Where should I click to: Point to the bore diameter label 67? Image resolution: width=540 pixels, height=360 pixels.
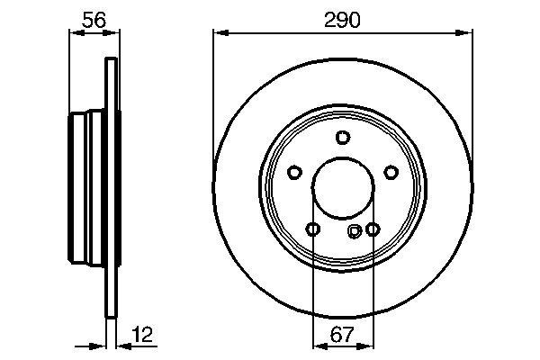[342, 335]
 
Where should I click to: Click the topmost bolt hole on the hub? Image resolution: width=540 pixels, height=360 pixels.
[342, 137]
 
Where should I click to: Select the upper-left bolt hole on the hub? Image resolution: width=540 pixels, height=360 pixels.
[294, 172]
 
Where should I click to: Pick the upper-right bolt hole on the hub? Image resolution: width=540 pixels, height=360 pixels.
[390, 172]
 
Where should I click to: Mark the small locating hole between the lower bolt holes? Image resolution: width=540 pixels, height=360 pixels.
[354, 231]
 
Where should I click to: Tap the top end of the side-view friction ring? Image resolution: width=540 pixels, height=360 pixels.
[112, 61]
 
